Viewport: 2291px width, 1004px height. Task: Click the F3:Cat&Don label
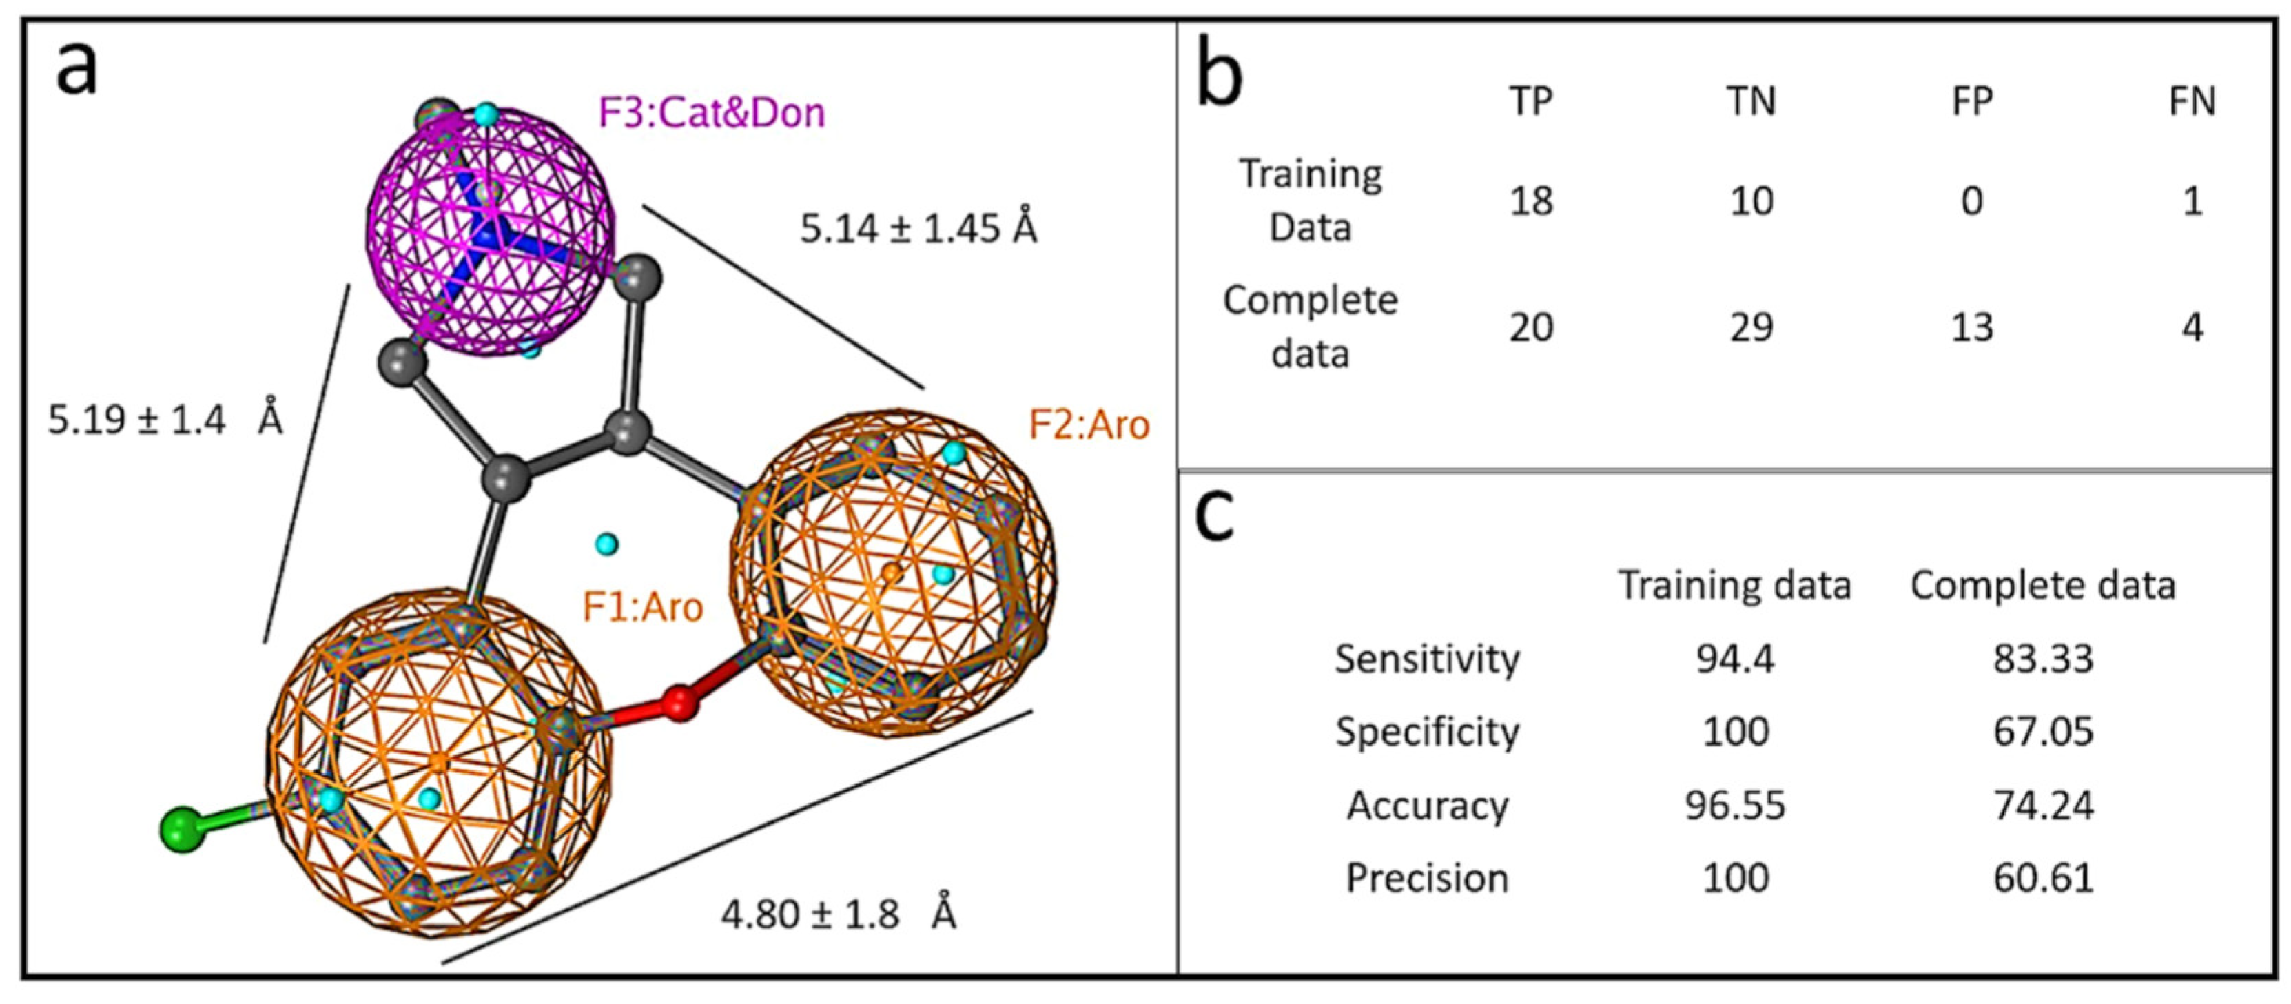(x=712, y=113)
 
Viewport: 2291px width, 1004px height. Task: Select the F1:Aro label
(x=642, y=607)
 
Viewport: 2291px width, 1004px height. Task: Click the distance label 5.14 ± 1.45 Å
(x=918, y=229)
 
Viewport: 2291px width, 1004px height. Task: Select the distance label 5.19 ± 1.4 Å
(x=165, y=419)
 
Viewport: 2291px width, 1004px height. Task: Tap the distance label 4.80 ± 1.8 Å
(x=839, y=913)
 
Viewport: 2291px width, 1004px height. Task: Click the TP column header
(x=1530, y=102)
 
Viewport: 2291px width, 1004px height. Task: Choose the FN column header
(x=2192, y=102)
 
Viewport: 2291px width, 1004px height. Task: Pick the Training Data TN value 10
(x=1751, y=201)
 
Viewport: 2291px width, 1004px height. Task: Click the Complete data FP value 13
(x=1972, y=327)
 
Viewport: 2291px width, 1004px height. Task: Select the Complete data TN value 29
(x=1751, y=327)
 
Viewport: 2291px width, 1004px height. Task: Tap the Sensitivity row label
(x=1426, y=659)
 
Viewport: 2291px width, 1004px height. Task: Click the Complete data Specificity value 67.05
(x=2043, y=732)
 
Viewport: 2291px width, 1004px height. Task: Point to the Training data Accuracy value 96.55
(x=1734, y=805)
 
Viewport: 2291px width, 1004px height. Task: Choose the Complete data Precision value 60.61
(x=2043, y=878)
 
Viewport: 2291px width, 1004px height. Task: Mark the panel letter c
(x=1215, y=516)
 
